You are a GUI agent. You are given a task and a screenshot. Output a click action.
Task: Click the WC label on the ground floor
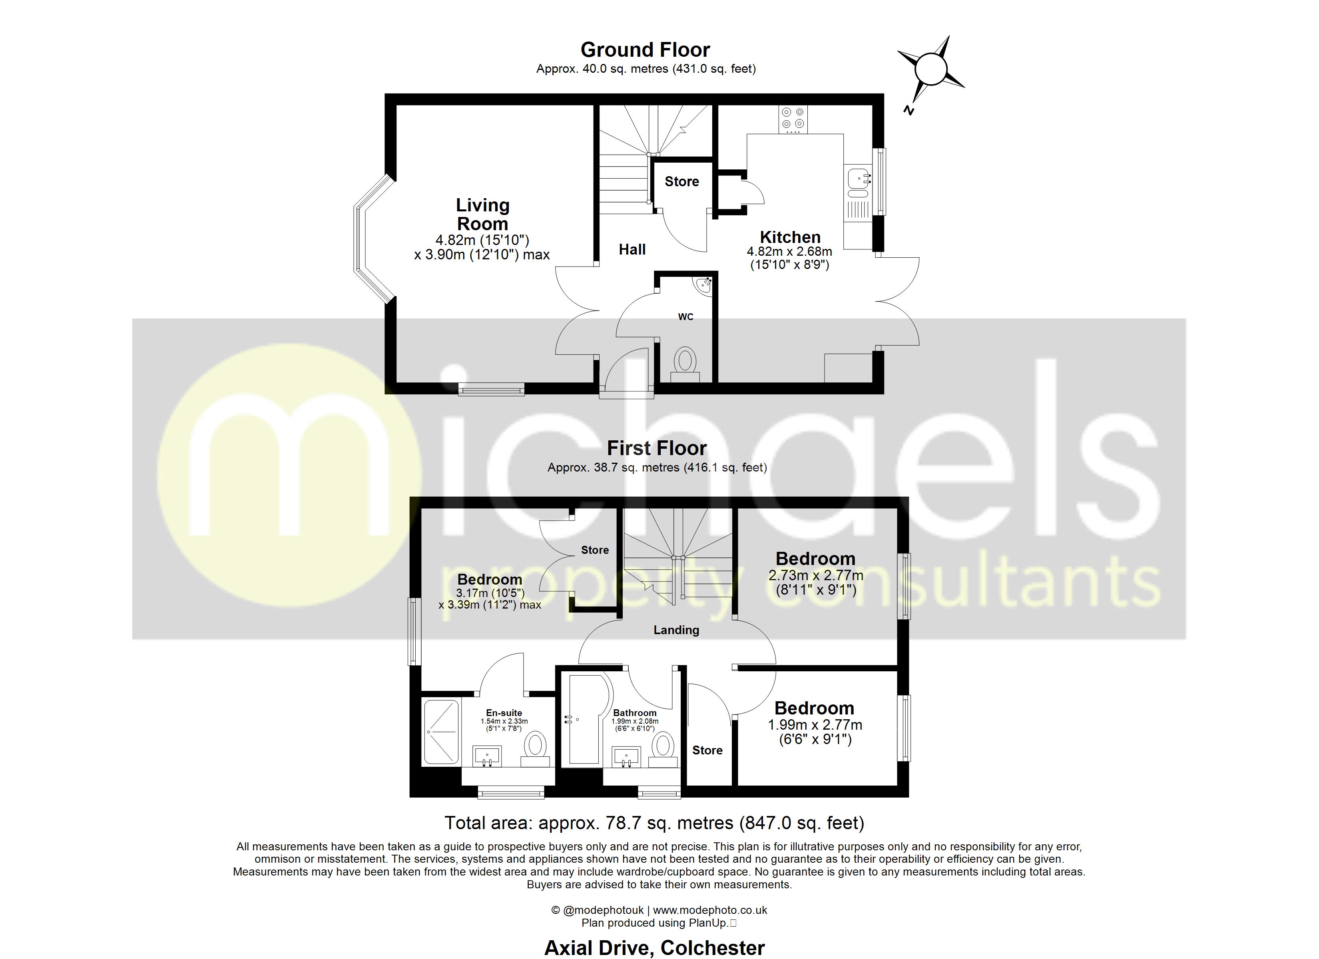[x=685, y=317]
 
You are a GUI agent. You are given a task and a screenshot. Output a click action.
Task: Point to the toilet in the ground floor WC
[x=685, y=362]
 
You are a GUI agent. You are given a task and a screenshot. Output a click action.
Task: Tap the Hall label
[x=632, y=249]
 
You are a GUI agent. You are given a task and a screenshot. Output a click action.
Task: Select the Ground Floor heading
[x=645, y=50]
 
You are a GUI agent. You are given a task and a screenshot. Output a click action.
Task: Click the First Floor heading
[x=657, y=448]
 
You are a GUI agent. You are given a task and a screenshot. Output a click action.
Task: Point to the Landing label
[x=676, y=630]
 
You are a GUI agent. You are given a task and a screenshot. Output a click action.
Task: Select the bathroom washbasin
[x=626, y=757]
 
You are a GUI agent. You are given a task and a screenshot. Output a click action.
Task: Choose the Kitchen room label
[x=790, y=237]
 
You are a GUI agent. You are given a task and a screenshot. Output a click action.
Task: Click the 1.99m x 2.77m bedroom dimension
[x=815, y=725]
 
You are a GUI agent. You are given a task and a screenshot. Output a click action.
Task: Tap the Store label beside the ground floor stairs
[x=681, y=181]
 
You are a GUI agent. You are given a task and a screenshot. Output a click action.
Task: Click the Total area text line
[x=654, y=823]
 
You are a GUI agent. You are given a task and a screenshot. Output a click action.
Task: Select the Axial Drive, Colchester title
[x=654, y=948]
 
